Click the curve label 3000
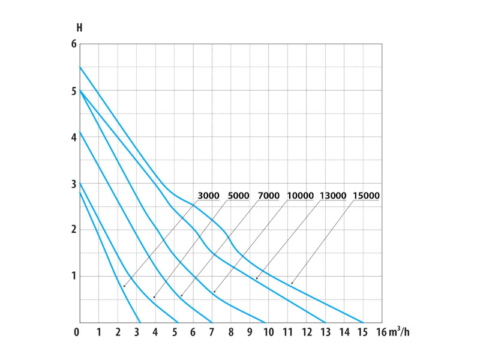[209, 195]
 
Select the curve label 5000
[239, 195]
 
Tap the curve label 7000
[269, 195]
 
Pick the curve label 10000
[302, 195]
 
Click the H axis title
[79, 28]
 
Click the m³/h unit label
[401, 331]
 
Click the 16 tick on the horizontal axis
[382, 332]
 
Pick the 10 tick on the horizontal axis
[268, 332]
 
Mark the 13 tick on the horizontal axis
[325, 332]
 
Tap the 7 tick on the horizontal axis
[212, 332]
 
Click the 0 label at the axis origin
[77, 332]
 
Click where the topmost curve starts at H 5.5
[80, 67]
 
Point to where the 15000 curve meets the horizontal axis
[363, 322]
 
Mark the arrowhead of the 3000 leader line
[124, 287]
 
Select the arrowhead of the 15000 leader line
[291, 284]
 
